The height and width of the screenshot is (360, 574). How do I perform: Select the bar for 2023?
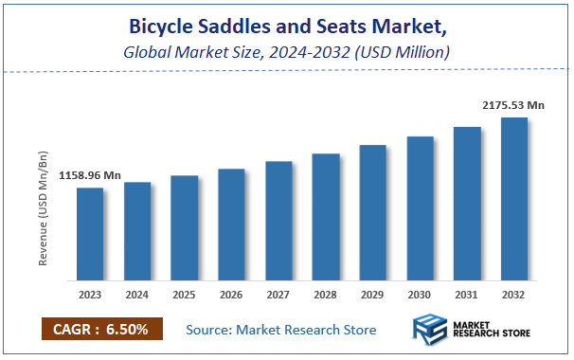click(90, 234)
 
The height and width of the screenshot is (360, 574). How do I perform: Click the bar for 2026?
click(231, 225)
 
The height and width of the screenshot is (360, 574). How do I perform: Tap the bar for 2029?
click(372, 213)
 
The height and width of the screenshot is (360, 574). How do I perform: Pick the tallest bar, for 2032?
click(513, 199)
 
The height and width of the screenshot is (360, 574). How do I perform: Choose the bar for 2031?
click(467, 204)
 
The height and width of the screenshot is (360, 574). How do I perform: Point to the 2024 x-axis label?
click(137, 295)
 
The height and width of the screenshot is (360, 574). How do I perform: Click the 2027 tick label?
click(278, 295)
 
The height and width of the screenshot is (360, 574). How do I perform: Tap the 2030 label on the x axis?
click(420, 295)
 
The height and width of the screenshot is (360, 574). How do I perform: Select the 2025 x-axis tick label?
click(185, 295)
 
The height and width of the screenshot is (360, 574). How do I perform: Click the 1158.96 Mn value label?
click(90, 175)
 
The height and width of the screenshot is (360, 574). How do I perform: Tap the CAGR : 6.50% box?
click(102, 329)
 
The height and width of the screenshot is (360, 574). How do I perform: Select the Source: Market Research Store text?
click(281, 330)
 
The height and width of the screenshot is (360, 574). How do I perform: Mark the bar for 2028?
click(326, 217)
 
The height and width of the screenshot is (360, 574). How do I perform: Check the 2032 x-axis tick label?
click(513, 295)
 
